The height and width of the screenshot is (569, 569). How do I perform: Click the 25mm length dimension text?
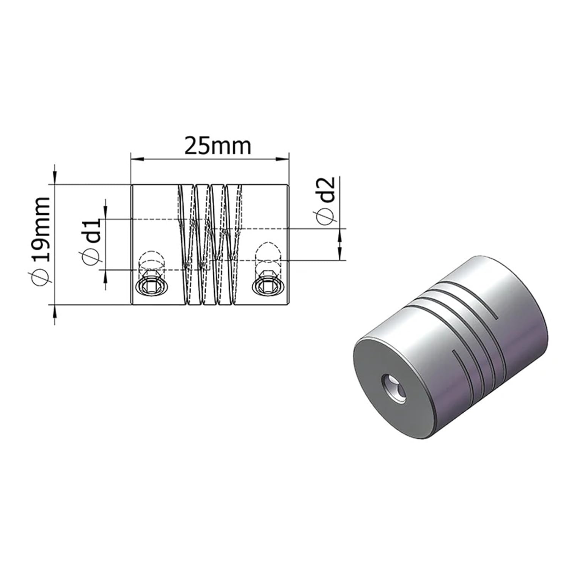217,146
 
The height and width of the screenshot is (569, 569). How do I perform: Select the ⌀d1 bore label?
91,241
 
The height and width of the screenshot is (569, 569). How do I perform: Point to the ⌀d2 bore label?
326,201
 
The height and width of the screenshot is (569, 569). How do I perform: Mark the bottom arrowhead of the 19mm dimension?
55,311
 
